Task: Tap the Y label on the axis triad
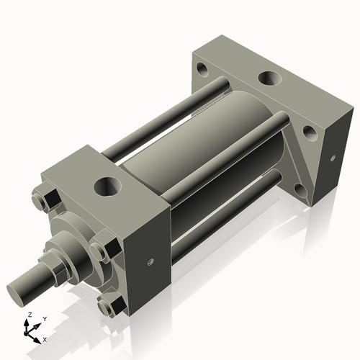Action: [44, 319]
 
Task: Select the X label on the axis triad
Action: [45, 338]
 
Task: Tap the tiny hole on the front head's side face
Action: [151, 261]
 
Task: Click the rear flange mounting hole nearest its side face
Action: [310, 132]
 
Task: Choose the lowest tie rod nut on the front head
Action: [109, 308]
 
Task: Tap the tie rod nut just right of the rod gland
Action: [99, 252]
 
